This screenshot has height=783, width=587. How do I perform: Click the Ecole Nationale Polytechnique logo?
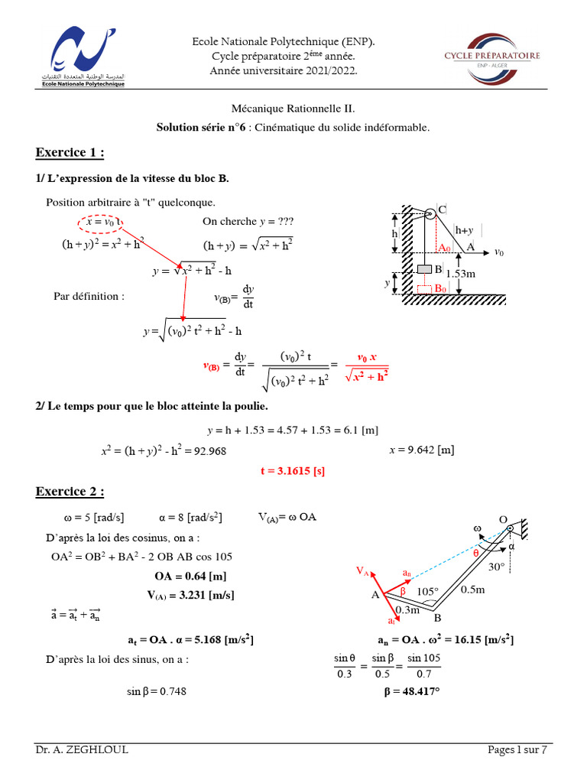[x=79, y=57]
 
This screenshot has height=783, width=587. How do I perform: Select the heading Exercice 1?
[x=70, y=153]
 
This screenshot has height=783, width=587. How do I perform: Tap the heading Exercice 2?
[x=70, y=491]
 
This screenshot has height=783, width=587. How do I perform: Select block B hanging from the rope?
[x=424, y=269]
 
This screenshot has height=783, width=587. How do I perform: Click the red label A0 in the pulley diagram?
[x=445, y=248]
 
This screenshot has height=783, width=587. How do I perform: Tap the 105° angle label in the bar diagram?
[x=428, y=591]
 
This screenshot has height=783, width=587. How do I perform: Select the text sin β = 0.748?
[x=157, y=691]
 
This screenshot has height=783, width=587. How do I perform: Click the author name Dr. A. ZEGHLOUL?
[x=82, y=750]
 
